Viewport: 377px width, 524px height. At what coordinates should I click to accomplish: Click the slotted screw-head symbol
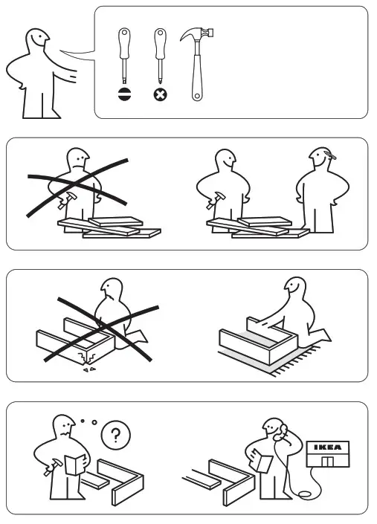pyautogui.click(x=123, y=94)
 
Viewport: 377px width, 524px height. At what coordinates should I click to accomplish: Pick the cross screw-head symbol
pyautogui.click(x=159, y=94)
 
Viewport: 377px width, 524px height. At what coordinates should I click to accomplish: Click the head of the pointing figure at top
pyautogui.click(x=36, y=42)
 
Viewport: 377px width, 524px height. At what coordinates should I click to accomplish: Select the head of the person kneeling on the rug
pyautogui.click(x=295, y=288)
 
